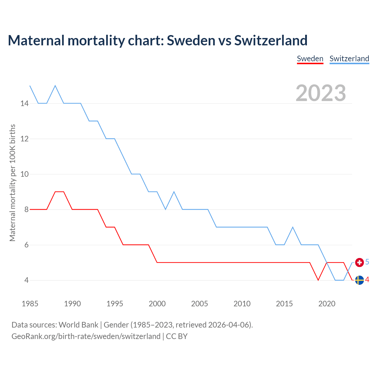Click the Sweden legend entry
pos(310,59)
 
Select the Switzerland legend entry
pos(349,59)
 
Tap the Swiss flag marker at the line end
pos(359,262)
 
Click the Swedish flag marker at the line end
pos(359,280)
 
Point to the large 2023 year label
pos(321,93)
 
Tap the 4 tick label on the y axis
pos(27,280)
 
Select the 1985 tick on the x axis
pos(30,304)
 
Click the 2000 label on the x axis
pos(157,304)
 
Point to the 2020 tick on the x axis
pos(327,304)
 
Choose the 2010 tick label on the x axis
pos(242,304)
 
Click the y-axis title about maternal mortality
pos(12,183)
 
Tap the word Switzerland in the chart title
pos(271,40)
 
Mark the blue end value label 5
pos(367,262)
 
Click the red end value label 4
pos(367,280)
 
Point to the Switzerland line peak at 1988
pos(55,86)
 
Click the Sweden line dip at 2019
pos(318,280)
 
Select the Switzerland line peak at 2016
pos(293,227)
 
